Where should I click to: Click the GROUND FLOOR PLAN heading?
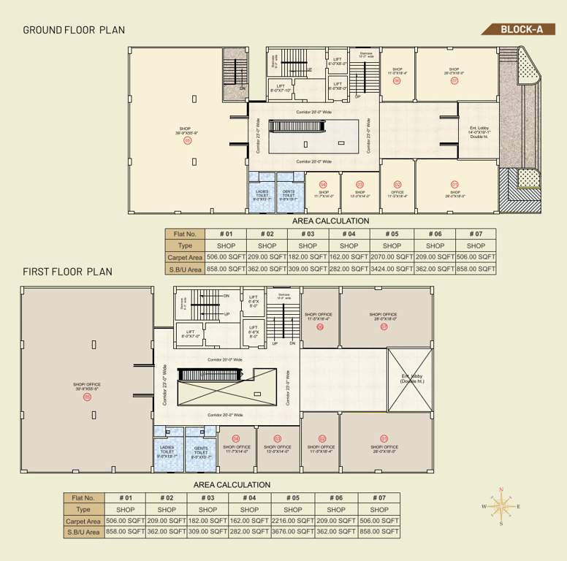[x=74, y=30]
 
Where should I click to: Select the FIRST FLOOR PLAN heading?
[x=67, y=271]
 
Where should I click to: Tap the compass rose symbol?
[x=501, y=505]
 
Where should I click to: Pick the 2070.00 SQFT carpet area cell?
[x=392, y=257]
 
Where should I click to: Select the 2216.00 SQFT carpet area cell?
[x=292, y=521]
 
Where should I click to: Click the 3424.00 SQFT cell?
[x=392, y=269]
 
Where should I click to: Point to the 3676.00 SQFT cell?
[x=292, y=533]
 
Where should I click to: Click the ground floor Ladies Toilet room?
[x=262, y=194]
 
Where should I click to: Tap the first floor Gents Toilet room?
[x=201, y=451]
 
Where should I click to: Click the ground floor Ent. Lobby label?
[x=479, y=132]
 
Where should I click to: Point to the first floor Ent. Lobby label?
[x=413, y=379]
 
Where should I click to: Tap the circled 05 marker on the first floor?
[x=87, y=397]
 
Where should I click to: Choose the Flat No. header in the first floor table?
[x=83, y=497]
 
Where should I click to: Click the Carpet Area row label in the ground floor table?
[x=185, y=257]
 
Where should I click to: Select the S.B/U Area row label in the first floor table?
[x=83, y=533]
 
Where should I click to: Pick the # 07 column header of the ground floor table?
[x=475, y=234]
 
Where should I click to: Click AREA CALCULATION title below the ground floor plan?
[x=330, y=221]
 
